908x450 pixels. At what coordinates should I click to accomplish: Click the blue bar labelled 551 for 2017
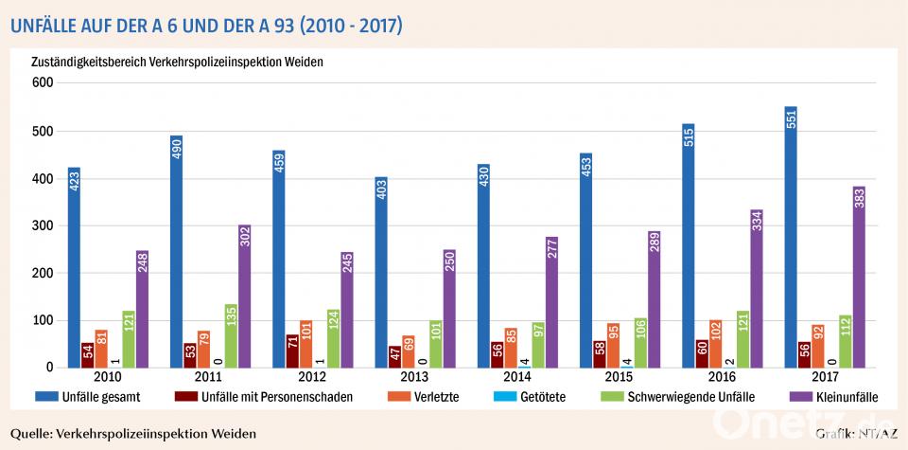click(x=791, y=237)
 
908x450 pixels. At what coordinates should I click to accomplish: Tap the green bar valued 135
click(x=230, y=335)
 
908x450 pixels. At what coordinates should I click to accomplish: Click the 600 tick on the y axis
click(x=41, y=83)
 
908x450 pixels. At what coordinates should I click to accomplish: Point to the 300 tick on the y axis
click(x=41, y=225)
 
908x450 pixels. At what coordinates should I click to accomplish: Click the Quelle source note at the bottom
click(x=132, y=434)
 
